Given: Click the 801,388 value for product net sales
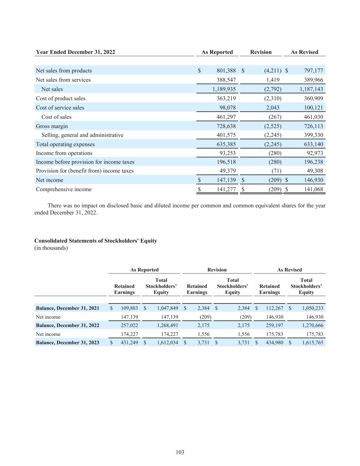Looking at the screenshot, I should click(226, 71).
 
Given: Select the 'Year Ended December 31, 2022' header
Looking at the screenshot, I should click(75, 52).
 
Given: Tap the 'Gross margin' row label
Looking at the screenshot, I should click(52, 126).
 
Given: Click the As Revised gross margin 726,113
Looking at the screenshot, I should click(313, 126).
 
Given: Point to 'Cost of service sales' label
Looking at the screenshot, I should click(60, 108).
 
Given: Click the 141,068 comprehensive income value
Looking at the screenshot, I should click(313, 189).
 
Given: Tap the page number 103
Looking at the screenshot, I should click(180, 452).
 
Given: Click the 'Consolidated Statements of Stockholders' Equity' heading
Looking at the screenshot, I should click(96, 241).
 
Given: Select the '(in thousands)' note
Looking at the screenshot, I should click(51, 248).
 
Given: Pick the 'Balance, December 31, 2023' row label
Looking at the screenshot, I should click(68, 342).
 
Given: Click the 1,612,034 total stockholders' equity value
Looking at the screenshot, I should click(168, 342).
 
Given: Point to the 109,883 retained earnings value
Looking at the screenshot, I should click(130, 308).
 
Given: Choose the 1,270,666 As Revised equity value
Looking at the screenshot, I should click(312, 325).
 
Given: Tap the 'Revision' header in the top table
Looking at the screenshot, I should click(261, 52).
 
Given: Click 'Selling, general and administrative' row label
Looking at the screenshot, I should click(82, 135).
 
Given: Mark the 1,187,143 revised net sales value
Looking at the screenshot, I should click(311, 89).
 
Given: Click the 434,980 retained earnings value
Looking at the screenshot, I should click(275, 342).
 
